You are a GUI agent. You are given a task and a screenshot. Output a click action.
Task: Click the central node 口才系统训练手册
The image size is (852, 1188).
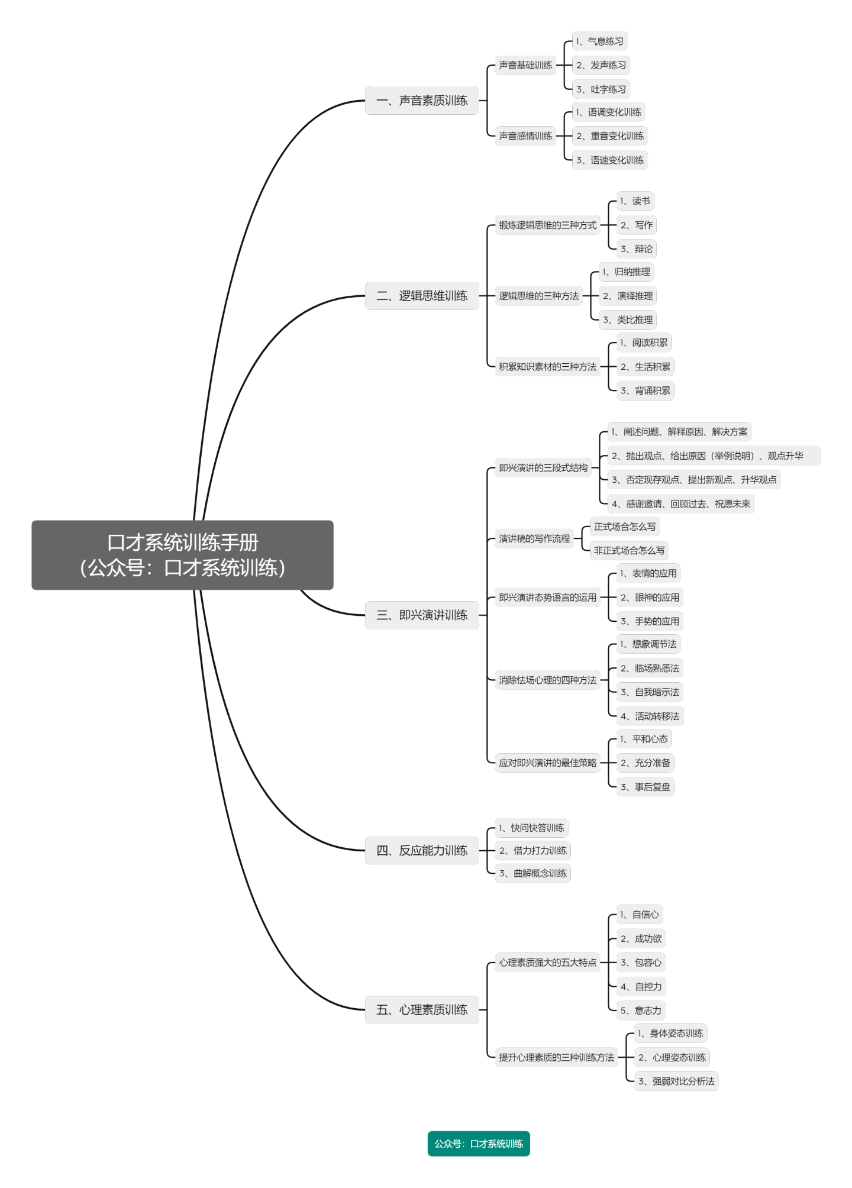(x=182, y=555)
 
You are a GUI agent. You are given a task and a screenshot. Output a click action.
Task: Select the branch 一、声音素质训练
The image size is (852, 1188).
(x=422, y=101)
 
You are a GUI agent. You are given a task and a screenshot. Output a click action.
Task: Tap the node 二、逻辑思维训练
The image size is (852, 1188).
(x=422, y=296)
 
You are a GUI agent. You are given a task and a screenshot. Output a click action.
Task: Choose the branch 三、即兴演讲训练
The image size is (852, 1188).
(x=422, y=615)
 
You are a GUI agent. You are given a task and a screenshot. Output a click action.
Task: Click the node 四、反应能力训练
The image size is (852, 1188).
(x=422, y=851)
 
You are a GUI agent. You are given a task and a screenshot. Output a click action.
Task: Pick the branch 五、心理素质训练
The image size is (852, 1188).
(x=422, y=1010)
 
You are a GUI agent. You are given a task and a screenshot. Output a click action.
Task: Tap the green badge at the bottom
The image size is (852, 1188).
(x=479, y=1144)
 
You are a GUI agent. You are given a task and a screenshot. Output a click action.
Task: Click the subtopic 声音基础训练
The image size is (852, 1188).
(x=525, y=65)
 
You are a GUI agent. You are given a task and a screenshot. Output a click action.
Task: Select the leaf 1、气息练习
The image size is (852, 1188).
(x=600, y=41)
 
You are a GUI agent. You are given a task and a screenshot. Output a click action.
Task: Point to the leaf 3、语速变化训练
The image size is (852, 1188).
(x=610, y=160)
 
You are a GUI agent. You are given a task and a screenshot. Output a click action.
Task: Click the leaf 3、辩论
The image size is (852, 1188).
(x=637, y=249)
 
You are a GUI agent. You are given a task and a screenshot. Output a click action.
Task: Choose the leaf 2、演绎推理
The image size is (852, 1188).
(x=628, y=296)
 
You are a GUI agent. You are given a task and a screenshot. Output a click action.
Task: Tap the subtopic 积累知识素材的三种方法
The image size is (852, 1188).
(x=548, y=367)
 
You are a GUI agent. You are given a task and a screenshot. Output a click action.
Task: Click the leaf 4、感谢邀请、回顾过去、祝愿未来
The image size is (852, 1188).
(x=681, y=504)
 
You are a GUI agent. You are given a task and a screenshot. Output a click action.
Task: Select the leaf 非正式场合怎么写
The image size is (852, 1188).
(x=629, y=551)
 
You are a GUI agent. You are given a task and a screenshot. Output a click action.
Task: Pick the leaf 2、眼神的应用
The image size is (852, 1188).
(x=650, y=598)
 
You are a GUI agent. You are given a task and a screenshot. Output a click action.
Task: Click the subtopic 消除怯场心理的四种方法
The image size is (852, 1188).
(x=548, y=680)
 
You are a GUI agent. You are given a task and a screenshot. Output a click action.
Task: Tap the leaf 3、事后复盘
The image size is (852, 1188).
(x=646, y=787)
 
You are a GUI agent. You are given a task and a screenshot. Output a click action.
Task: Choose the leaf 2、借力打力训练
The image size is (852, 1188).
(x=533, y=851)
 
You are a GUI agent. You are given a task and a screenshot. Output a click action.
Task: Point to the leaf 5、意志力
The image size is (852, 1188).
(x=641, y=1011)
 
